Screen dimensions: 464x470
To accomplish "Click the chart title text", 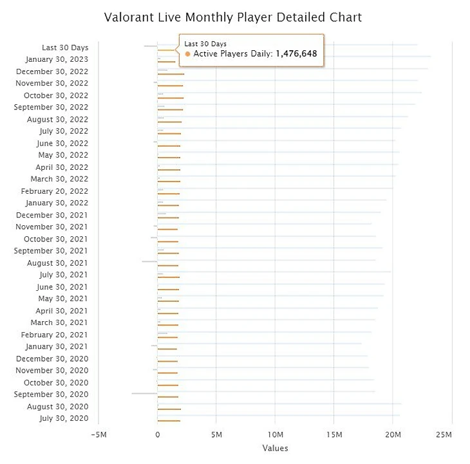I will (233, 17).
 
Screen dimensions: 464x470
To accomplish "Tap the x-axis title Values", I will (275, 448).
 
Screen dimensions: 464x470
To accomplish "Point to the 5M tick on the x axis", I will (216, 434).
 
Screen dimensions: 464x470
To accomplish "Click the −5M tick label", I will (99, 434).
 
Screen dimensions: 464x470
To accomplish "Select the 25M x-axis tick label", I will (443, 434).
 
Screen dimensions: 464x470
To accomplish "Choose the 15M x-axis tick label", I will (334, 434).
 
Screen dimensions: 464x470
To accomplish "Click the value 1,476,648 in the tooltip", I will (296, 54).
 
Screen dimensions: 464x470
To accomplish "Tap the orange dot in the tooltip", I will (187, 54).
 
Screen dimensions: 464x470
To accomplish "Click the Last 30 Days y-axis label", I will (65, 48).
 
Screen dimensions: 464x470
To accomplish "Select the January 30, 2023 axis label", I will (57, 59).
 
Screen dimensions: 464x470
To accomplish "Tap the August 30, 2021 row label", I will (57, 263).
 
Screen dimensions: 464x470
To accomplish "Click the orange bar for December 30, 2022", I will (171, 74).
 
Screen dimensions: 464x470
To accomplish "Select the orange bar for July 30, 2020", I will (169, 421).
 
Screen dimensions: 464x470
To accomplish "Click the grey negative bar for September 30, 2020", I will (144, 393).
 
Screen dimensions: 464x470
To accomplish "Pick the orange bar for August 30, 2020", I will (169, 409).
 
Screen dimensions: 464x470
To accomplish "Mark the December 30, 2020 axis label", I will (52, 358).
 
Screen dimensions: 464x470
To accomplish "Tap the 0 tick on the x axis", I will (158, 434).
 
